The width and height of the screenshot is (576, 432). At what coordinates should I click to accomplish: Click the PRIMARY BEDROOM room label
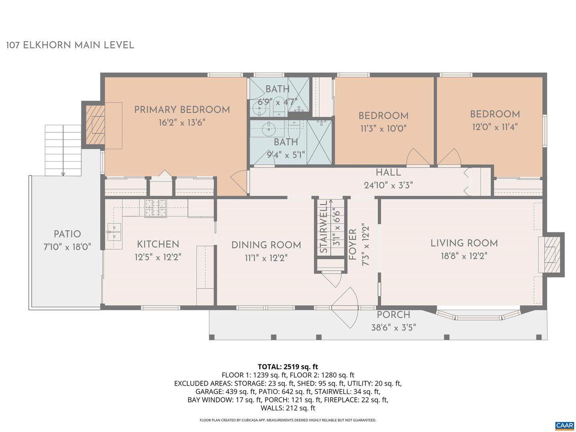coord(182,110)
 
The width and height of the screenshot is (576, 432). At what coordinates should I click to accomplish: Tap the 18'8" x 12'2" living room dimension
coord(464,256)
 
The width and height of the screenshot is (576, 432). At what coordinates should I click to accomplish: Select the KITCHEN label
coord(158,244)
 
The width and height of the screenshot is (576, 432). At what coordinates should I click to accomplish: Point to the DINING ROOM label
coord(266,245)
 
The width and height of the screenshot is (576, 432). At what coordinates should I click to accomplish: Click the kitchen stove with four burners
coord(156,208)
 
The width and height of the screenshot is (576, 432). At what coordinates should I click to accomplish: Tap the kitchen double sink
coord(114,232)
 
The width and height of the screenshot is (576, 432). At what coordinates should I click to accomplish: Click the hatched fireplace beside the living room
coord(551,254)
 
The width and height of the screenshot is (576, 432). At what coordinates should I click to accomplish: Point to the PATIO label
coord(67,234)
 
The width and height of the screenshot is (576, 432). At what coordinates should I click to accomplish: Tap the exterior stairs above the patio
coord(63,150)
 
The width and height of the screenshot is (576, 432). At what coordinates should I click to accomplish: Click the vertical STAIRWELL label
coord(324,228)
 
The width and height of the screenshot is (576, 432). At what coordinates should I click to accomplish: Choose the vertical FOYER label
coord(352,244)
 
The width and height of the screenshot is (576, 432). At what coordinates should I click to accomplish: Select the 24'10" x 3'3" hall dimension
coord(388,185)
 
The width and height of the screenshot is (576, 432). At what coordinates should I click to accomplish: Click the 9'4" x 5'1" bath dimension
coord(286,154)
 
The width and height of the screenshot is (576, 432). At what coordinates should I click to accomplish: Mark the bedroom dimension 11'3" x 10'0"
coord(383,129)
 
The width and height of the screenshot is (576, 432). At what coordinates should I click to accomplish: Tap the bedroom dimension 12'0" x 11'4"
coord(495,127)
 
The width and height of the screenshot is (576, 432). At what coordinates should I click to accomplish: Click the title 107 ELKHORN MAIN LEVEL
coord(70,45)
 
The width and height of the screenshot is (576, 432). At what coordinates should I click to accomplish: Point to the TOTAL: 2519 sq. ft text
coord(288,366)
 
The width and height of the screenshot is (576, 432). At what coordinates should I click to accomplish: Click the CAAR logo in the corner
coord(564,425)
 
